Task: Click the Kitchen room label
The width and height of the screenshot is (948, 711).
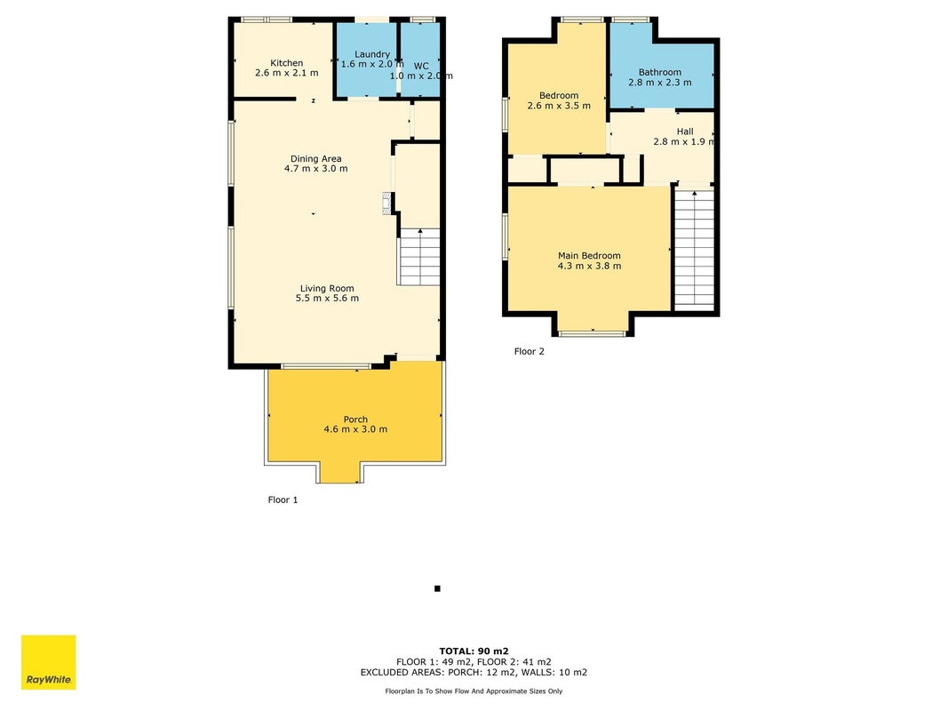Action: click(x=287, y=63)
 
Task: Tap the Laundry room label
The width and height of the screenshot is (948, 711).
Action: click(x=371, y=54)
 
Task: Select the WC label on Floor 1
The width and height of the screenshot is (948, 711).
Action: click(x=421, y=66)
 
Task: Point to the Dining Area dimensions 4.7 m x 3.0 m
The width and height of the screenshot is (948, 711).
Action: click(x=316, y=169)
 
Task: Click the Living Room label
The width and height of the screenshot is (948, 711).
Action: click(x=327, y=288)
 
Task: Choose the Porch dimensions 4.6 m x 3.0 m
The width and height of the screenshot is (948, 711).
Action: click(x=355, y=429)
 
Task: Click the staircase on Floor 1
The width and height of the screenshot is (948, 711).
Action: click(x=418, y=256)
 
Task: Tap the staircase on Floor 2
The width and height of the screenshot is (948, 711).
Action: click(x=694, y=249)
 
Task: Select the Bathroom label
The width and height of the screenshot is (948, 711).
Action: click(x=659, y=72)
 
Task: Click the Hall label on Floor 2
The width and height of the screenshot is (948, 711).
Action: click(x=685, y=132)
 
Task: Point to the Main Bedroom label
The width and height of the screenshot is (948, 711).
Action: click(x=589, y=256)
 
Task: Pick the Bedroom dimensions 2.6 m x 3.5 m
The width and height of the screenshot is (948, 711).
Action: click(x=559, y=106)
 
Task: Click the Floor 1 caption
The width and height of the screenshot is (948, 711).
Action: click(x=283, y=500)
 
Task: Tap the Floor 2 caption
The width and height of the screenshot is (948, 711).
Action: click(x=529, y=351)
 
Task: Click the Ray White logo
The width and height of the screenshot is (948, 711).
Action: click(x=48, y=662)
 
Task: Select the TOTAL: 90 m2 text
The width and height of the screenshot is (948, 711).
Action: click(x=474, y=651)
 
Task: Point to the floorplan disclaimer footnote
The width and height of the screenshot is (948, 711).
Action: click(x=474, y=691)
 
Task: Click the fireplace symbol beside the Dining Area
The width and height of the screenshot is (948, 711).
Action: click(x=387, y=204)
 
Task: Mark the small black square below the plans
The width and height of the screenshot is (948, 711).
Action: click(x=437, y=588)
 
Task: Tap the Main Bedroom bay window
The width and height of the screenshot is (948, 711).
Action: click(x=592, y=333)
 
